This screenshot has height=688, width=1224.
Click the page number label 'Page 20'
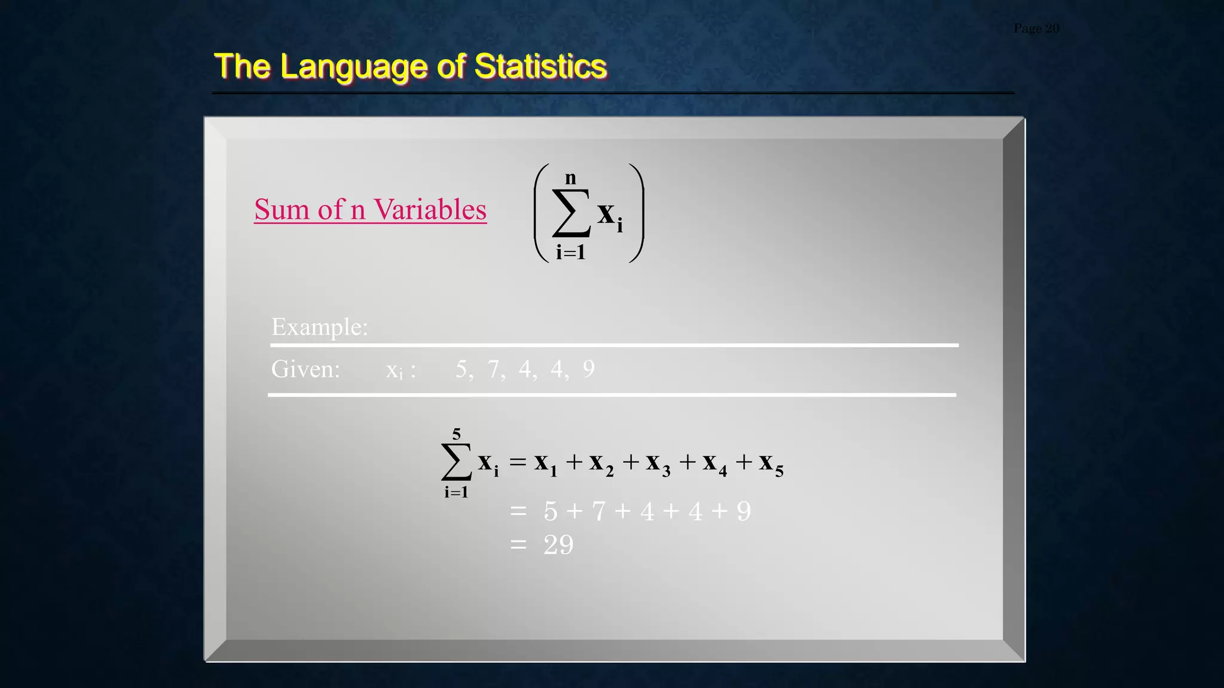tap(1036, 28)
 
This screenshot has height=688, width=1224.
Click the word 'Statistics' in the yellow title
tap(540, 66)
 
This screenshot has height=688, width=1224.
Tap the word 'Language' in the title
tap(353, 67)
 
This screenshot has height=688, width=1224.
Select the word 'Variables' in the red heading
tap(430, 210)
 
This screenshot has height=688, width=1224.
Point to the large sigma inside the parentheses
tap(571, 213)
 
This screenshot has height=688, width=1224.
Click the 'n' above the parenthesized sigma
tap(571, 178)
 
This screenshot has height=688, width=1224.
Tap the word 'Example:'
tap(320, 327)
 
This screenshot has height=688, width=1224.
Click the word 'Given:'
tap(305, 369)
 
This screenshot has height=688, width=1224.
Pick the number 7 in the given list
tap(493, 369)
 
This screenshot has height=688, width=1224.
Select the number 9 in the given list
tap(589, 369)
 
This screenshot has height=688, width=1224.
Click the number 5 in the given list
tap(461, 369)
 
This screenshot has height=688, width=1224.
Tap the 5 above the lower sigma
tap(457, 434)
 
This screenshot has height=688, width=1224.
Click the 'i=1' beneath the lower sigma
tap(456, 492)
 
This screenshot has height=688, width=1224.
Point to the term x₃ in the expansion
tap(658, 463)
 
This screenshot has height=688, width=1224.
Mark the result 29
tap(558, 545)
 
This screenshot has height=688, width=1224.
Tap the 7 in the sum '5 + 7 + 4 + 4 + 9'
tap(598, 511)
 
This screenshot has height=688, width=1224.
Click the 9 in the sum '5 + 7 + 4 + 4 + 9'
tap(743, 511)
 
